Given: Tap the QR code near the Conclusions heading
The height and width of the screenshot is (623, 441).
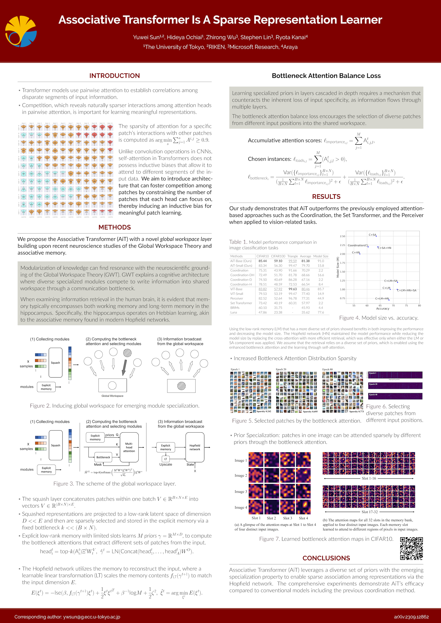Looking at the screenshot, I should coord(411,548).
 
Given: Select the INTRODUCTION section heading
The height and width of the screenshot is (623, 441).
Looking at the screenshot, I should coord(115,76).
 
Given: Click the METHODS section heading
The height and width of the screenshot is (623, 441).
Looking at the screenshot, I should coord(115,227).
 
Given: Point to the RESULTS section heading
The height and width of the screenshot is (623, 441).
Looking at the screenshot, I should coord(326,197).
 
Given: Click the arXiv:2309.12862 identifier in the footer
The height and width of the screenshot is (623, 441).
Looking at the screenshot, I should coord(411,617).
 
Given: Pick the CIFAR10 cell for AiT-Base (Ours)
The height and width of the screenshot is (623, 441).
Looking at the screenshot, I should coord(262,261).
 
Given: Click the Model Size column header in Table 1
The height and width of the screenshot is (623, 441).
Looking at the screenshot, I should coord(321,256).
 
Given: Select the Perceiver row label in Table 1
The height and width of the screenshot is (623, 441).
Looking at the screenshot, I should coord(237,299).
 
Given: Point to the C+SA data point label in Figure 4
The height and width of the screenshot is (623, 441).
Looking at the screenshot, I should coord(372,235).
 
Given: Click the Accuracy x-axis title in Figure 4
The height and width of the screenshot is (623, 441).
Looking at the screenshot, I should coord(383,308).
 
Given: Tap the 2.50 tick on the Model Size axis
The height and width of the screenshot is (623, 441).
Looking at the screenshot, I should coord(342,236).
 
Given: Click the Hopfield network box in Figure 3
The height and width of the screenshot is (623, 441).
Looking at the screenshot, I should coord(195,447).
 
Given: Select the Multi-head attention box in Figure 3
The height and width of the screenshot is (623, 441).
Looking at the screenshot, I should coord(129,447).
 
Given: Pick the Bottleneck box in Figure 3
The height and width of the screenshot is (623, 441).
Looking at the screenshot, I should coord(103,457).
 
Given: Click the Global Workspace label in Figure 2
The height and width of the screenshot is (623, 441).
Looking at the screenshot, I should coord(112,396).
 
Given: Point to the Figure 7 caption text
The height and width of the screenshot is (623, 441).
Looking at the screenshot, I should coord(326,539).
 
